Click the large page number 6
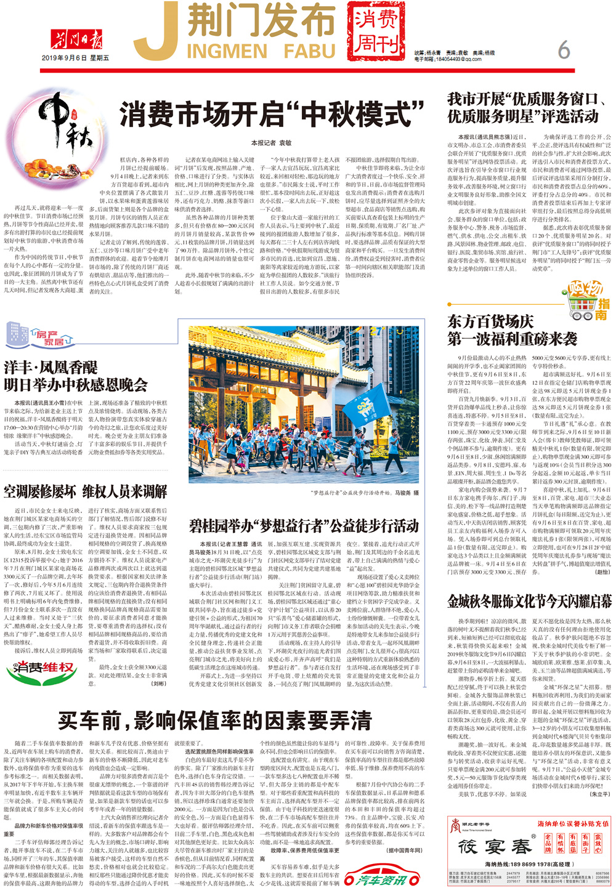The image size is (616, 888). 564,49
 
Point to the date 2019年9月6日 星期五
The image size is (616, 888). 76,58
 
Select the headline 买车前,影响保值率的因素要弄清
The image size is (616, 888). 215,719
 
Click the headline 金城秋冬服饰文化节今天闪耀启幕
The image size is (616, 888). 529,601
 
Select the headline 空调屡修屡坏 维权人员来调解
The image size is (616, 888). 86,491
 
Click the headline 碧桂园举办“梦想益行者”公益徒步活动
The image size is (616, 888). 304,526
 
